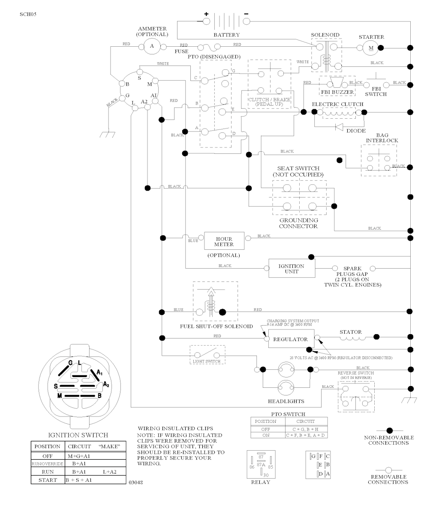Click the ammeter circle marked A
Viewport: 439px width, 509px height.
(151, 46)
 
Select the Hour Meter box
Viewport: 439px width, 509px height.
(224, 242)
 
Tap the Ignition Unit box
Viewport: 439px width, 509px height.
(292, 269)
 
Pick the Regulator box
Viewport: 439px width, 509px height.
(291, 339)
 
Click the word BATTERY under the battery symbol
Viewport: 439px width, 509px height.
(226, 35)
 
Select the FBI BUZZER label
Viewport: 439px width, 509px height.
(337, 92)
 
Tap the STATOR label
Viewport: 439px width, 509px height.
(351, 332)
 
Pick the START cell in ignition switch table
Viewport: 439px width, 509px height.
(47, 480)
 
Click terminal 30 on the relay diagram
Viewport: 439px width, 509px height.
(265, 475)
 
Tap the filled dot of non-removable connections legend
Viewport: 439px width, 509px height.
(389, 430)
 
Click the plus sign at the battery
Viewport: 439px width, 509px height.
(206, 14)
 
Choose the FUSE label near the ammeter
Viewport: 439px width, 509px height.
(181, 51)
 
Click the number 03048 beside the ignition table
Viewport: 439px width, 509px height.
(136, 482)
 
